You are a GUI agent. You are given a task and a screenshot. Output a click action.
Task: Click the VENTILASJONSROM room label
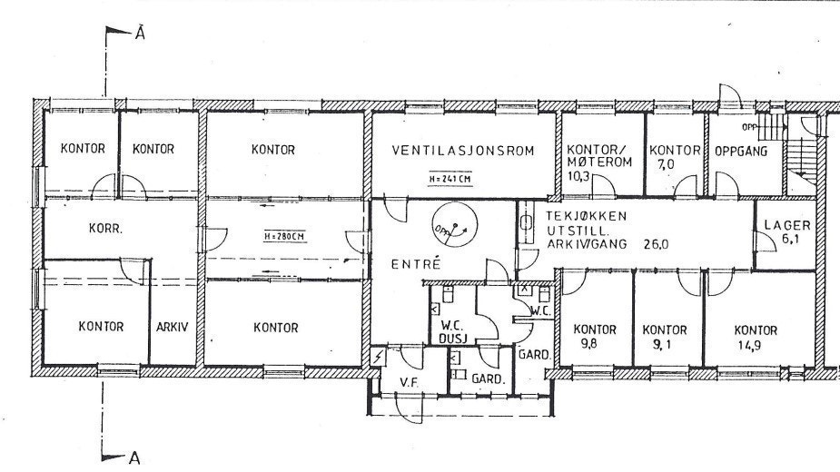coord(461,150)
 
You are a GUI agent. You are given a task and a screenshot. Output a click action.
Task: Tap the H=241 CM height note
coord(450,179)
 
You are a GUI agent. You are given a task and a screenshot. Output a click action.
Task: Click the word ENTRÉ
coord(415,264)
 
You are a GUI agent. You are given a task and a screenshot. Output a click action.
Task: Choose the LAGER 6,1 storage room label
coord(786,231)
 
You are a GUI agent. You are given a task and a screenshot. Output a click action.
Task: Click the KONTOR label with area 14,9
coord(756,337)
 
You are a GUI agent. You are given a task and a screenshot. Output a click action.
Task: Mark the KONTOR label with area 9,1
coord(664,337)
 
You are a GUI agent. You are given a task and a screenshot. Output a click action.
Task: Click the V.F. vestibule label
coord(408,382)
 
